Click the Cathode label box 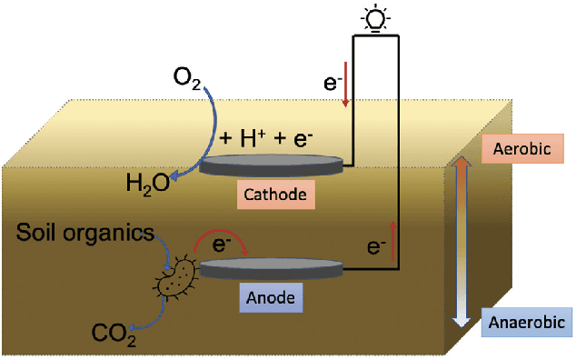tap(273, 194)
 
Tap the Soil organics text tap(85, 234)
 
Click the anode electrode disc tap(272, 268)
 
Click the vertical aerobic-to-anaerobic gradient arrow tap(461, 240)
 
